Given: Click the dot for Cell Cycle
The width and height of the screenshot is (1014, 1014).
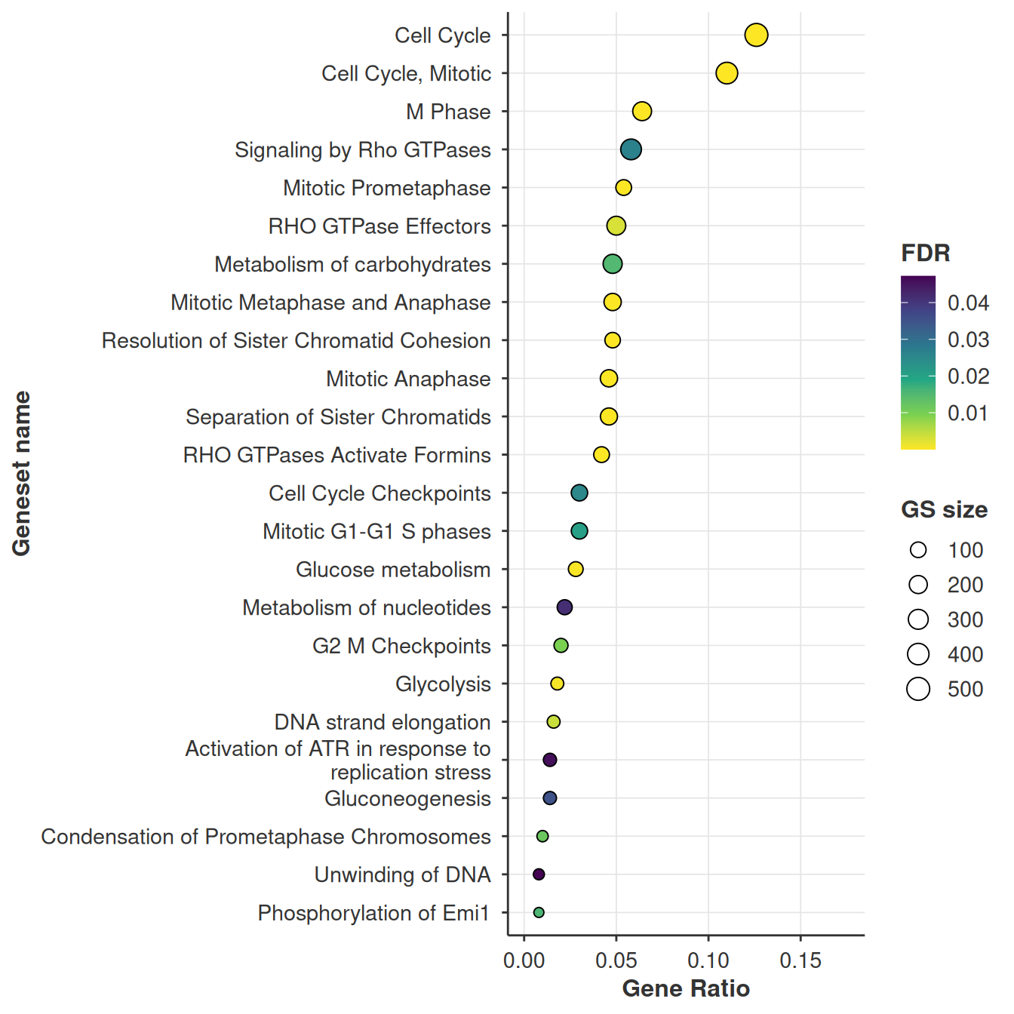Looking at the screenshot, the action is (x=756, y=35).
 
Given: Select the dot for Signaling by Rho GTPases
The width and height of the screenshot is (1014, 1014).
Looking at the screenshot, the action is (x=631, y=149).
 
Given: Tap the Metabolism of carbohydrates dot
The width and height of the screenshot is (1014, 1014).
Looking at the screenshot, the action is (x=613, y=263).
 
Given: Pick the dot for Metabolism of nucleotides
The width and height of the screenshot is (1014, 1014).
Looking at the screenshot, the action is (x=564, y=607).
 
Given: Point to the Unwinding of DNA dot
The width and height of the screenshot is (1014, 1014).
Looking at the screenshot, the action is (x=539, y=874).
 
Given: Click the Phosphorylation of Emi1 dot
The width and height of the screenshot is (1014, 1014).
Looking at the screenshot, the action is (x=539, y=912).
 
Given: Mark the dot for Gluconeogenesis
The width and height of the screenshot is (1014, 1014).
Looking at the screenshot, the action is (x=550, y=797).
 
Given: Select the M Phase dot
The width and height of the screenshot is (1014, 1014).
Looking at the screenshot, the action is (x=642, y=112).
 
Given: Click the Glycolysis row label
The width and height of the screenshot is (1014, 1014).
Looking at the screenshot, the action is (x=443, y=684).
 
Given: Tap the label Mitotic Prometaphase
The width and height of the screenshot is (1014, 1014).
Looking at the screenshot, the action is (x=387, y=188).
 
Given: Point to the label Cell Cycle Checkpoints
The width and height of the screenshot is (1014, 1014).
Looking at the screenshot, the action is (x=380, y=493).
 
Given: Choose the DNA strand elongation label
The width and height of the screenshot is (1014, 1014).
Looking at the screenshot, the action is (x=383, y=722).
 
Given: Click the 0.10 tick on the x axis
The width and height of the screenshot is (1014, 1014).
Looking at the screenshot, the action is (x=708, y=961).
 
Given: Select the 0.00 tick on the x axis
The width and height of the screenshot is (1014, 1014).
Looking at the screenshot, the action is (x=524, y=961).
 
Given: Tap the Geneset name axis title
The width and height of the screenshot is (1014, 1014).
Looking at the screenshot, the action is (x=22, y=473).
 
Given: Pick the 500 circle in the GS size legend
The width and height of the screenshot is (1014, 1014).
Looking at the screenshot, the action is (x=918, y=689).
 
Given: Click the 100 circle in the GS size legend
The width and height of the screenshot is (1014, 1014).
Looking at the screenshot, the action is (x=918, y=550).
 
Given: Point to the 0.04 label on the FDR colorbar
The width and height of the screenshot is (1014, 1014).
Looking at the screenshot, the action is (x=968, y=303).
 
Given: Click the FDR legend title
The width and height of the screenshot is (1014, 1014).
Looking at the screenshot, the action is (x=926, y=253).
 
